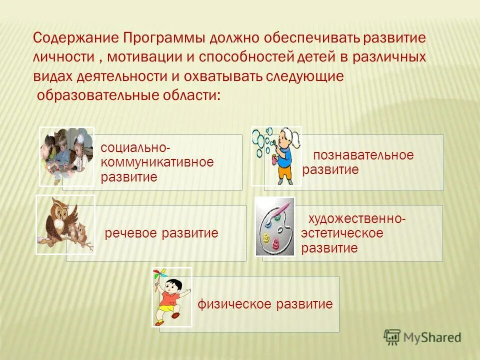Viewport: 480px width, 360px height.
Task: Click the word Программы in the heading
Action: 164,38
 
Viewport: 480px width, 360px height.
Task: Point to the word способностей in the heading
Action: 244,57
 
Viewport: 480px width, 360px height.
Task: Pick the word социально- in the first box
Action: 135,148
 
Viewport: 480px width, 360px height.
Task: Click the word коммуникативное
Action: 157,162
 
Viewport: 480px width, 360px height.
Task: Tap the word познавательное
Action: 363,155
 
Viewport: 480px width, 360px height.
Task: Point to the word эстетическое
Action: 342,233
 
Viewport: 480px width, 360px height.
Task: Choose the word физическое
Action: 230,304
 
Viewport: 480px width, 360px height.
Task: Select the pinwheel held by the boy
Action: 158,276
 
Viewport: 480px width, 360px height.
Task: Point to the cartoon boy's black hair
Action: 173,283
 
